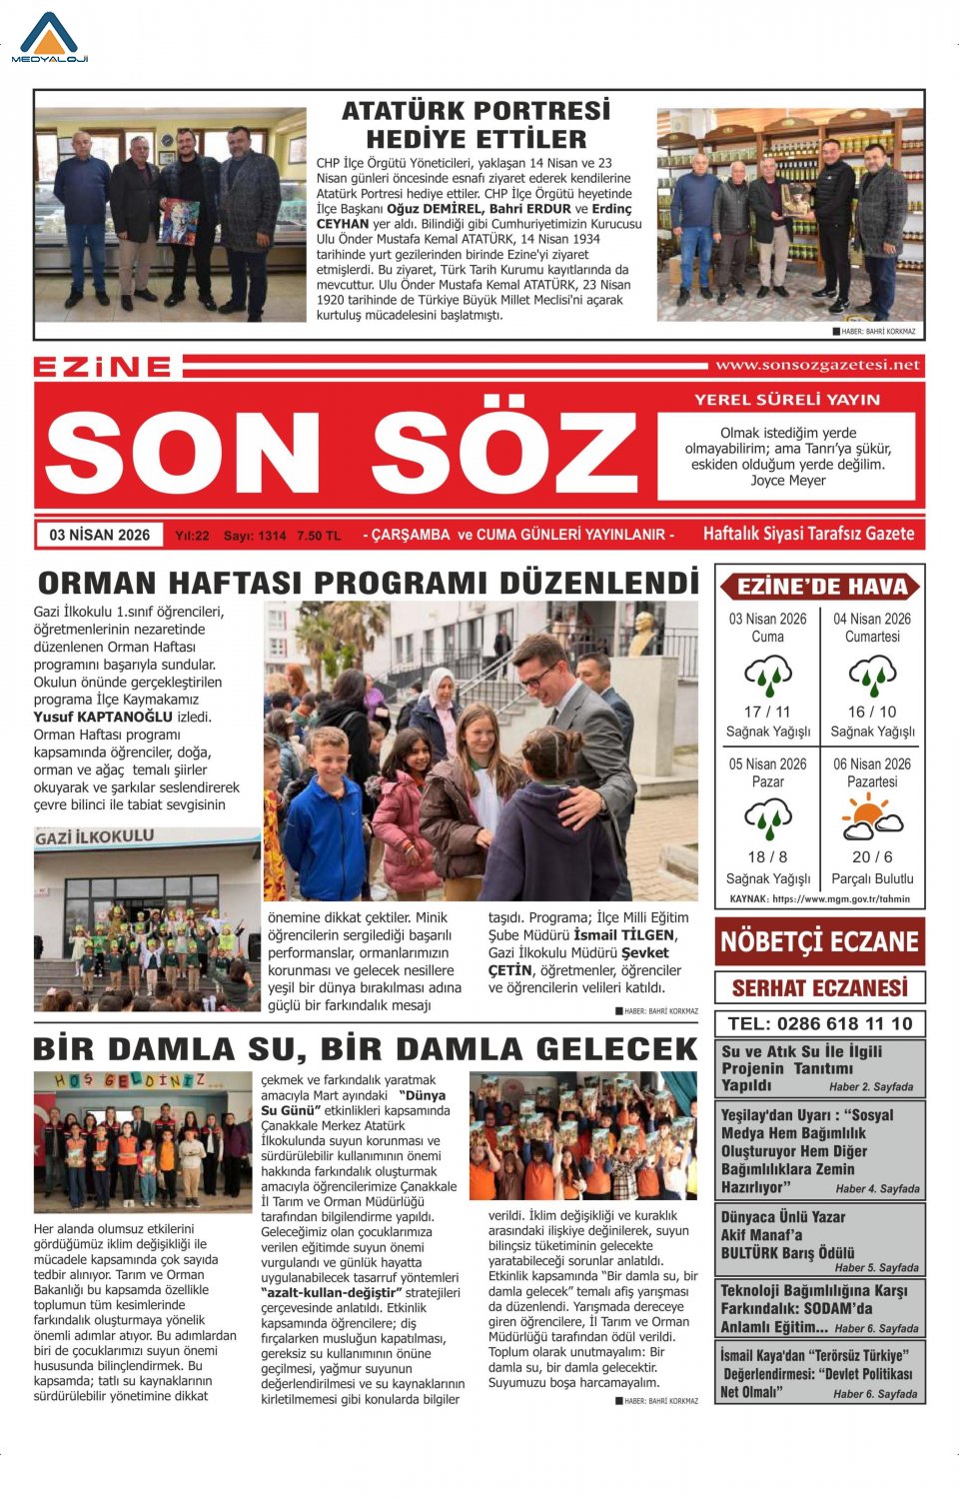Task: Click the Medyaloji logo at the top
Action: (50, 38)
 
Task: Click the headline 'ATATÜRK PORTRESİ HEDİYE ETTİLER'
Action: (476, 125)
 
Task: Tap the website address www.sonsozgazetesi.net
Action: (817, 366)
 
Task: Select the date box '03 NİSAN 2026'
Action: (100, 535)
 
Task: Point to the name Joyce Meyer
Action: (788, 481)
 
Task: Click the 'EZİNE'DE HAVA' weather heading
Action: (821, 587)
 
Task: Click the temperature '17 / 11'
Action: (767, 712)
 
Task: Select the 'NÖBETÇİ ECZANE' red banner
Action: (819, 941)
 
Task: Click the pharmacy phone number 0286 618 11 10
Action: (819, 1023)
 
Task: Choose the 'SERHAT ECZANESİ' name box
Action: (819, 988)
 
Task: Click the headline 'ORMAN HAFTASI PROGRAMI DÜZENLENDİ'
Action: (368, 583)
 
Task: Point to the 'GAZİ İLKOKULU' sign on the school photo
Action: (95, 837)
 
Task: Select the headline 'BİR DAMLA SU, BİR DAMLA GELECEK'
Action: (366, 1049)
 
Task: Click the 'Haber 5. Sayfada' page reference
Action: (876, 1267)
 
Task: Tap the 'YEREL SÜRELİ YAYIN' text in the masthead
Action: (787, 400)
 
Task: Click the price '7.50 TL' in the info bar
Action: (319, 536)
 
